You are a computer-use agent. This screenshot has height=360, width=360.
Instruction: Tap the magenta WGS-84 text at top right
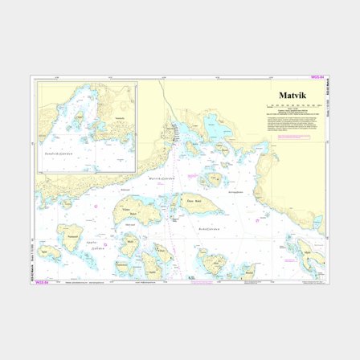tap(319, 78)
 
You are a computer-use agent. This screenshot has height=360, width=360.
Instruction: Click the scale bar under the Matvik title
tap(292, 106)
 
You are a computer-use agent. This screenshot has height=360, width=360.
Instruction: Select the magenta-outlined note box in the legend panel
tap(293, 137)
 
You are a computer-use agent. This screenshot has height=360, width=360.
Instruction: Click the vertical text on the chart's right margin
tap(328, 104)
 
